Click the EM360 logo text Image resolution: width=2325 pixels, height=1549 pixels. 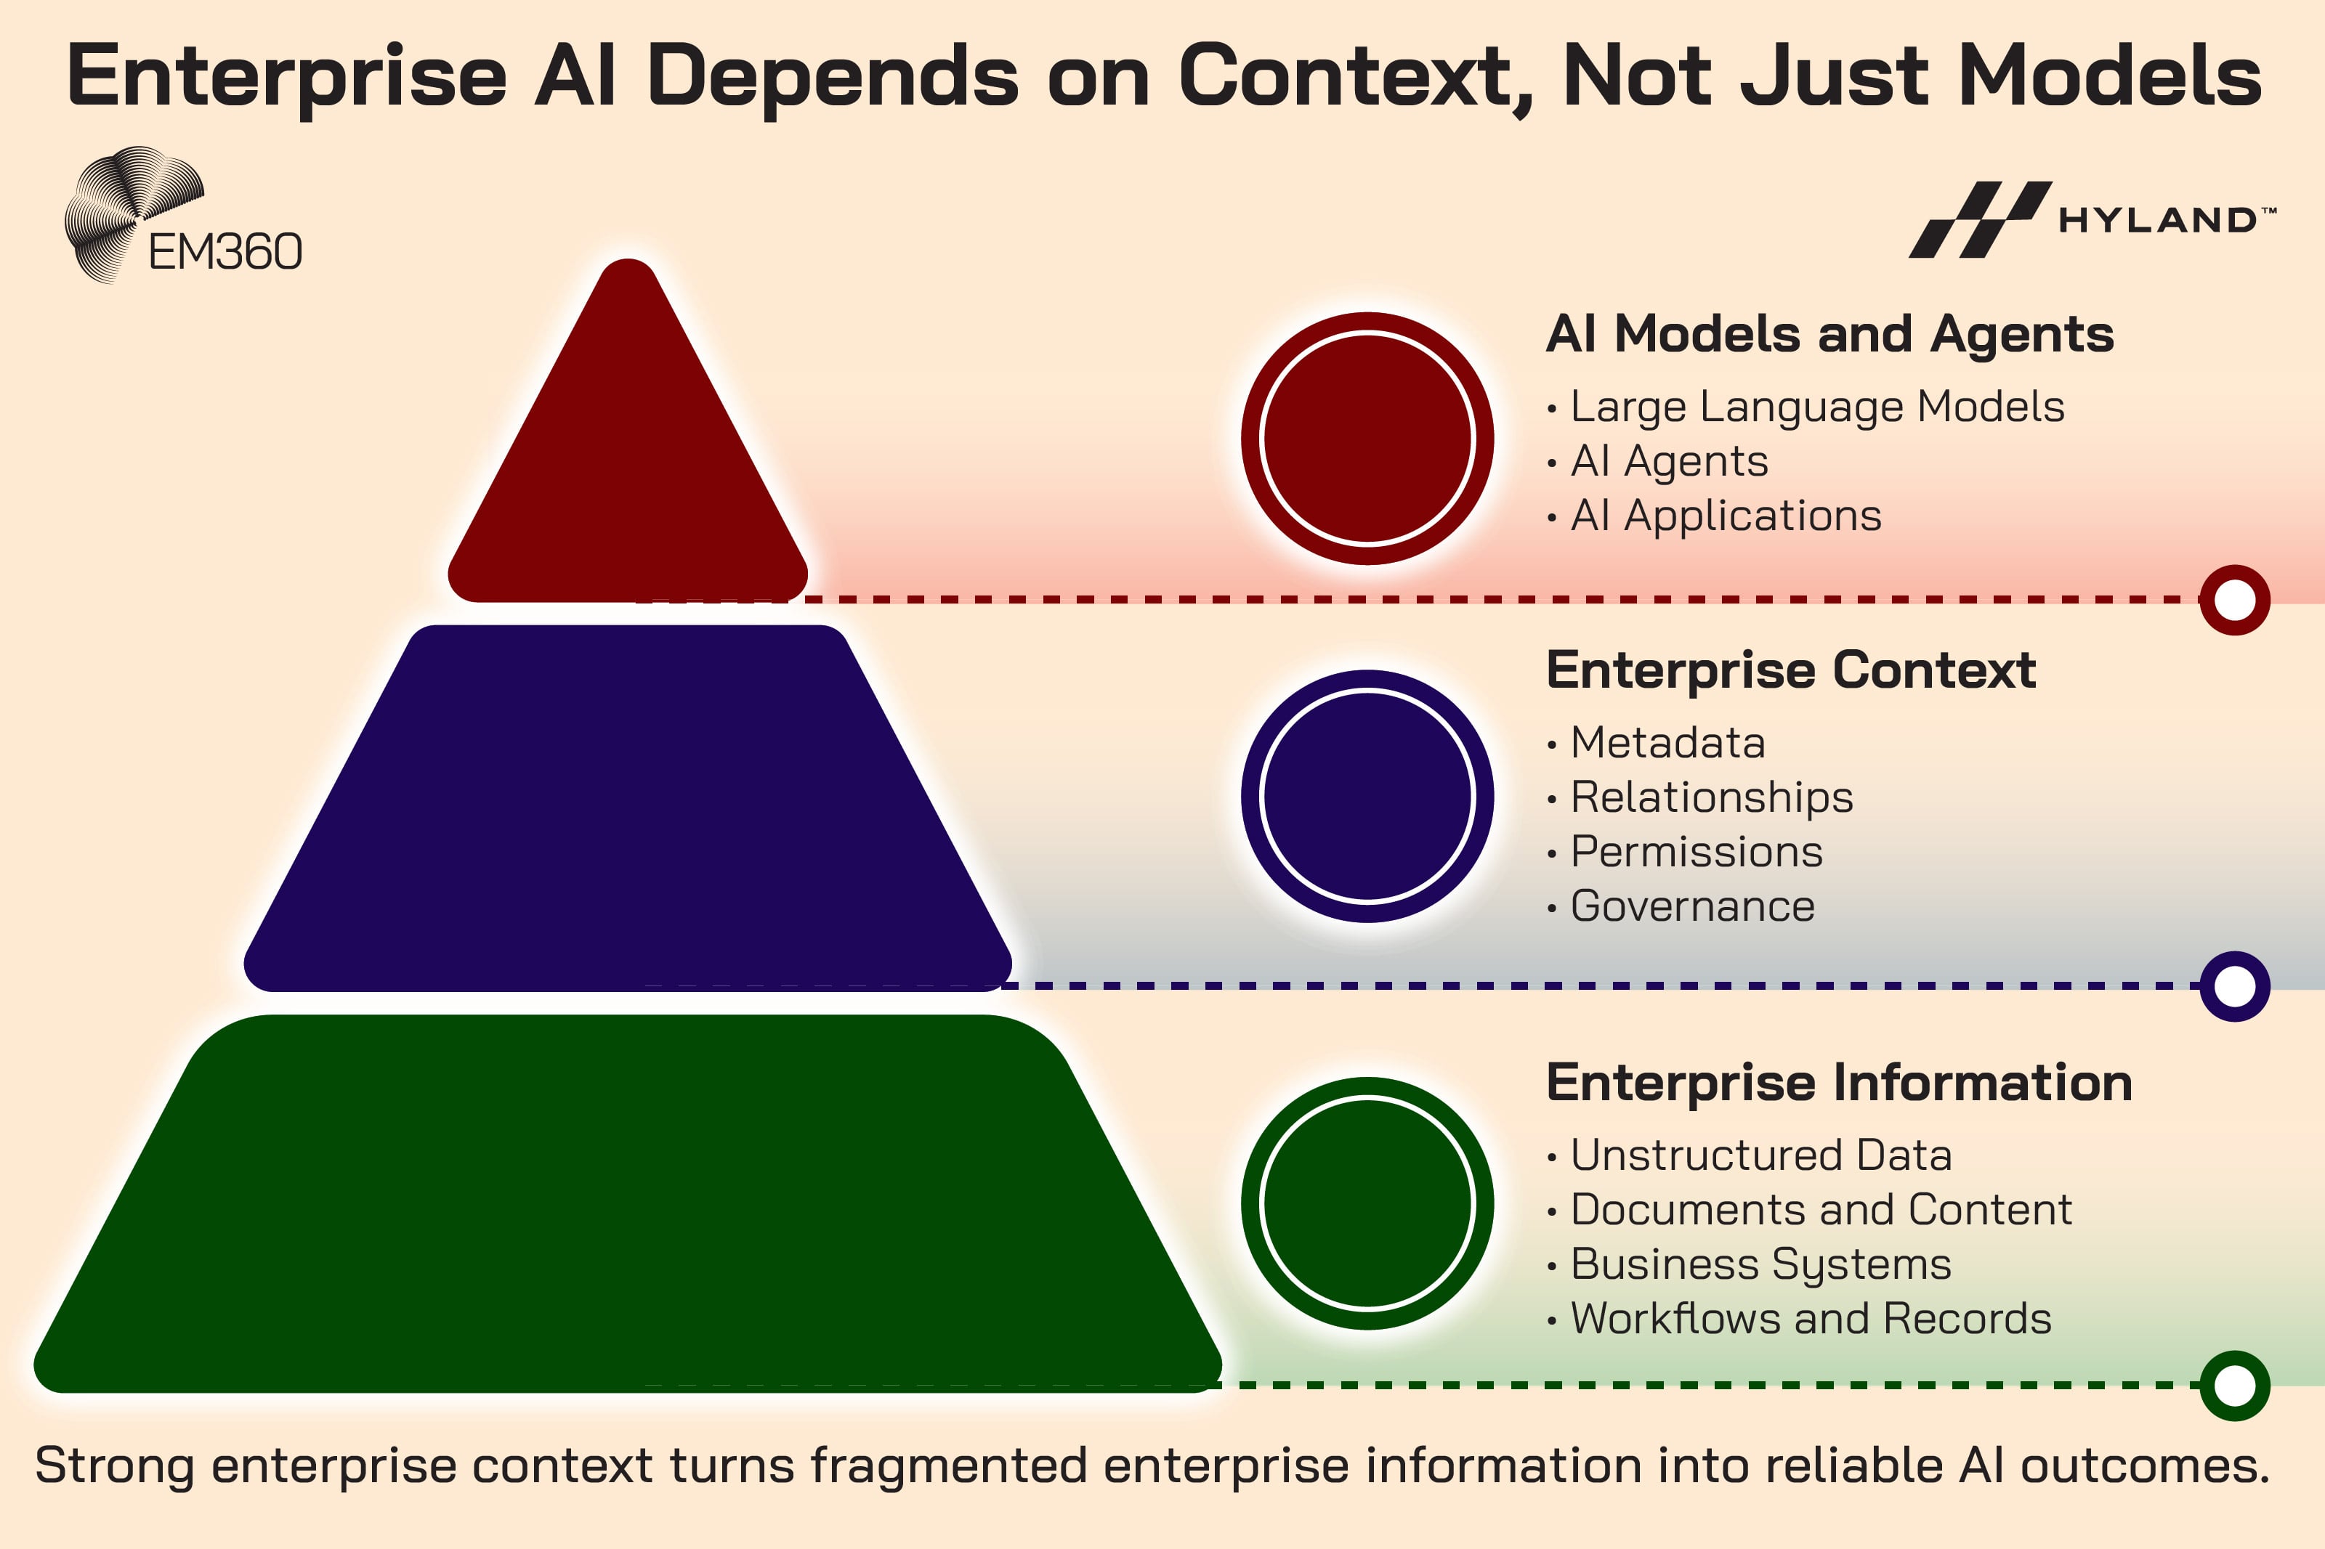coord(225,252)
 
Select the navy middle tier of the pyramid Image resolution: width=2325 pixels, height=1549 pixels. coord(628,810)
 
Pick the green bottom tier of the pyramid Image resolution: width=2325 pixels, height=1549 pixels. coord(628,1206)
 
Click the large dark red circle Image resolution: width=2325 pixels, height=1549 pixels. coord(1367,439)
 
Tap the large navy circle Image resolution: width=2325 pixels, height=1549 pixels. coord(1367,796)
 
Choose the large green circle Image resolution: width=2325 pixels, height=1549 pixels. coord(1367,1203)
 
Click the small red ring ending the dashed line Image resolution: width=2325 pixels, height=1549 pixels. coord(2234,600)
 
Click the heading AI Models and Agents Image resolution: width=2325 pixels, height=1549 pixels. coord(1829,334)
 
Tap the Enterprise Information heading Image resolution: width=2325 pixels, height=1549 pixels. coord(1839,1082)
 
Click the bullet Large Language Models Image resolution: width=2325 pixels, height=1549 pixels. coord(1816,407)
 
